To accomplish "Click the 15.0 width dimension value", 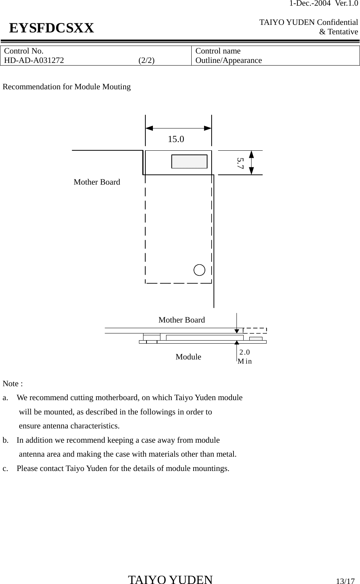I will click(x=176, y=139).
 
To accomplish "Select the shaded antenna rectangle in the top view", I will click(x=189, y=161).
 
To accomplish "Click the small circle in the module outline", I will click(x=200, y=270).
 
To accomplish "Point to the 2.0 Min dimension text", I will click(x=245, y=357).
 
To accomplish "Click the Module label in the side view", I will click(x=188, y=357).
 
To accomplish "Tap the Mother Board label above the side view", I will click(x=182, y=320).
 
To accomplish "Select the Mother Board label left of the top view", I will click(x=97, y=182).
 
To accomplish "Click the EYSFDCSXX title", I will click(x=52, y=28).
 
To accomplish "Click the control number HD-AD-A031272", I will click(x=34, y=60).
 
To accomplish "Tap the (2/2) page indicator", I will click(x=146, y=60).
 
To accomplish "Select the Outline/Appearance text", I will click(x=229, y=60).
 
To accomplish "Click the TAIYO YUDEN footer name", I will click(x=170, y=580).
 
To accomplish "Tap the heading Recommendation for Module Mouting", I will click(x=67, y=87).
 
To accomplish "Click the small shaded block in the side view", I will click(x=256, y=338).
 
